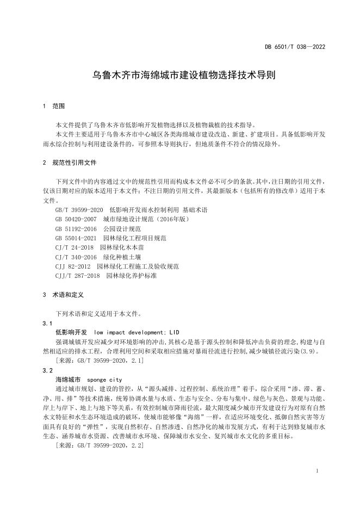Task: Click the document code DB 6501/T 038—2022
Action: (x=297, y=47)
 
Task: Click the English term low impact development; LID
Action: (x=136, y=332)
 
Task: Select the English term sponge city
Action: (x=104, y=380)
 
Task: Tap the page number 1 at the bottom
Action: (x=316, y=471)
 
